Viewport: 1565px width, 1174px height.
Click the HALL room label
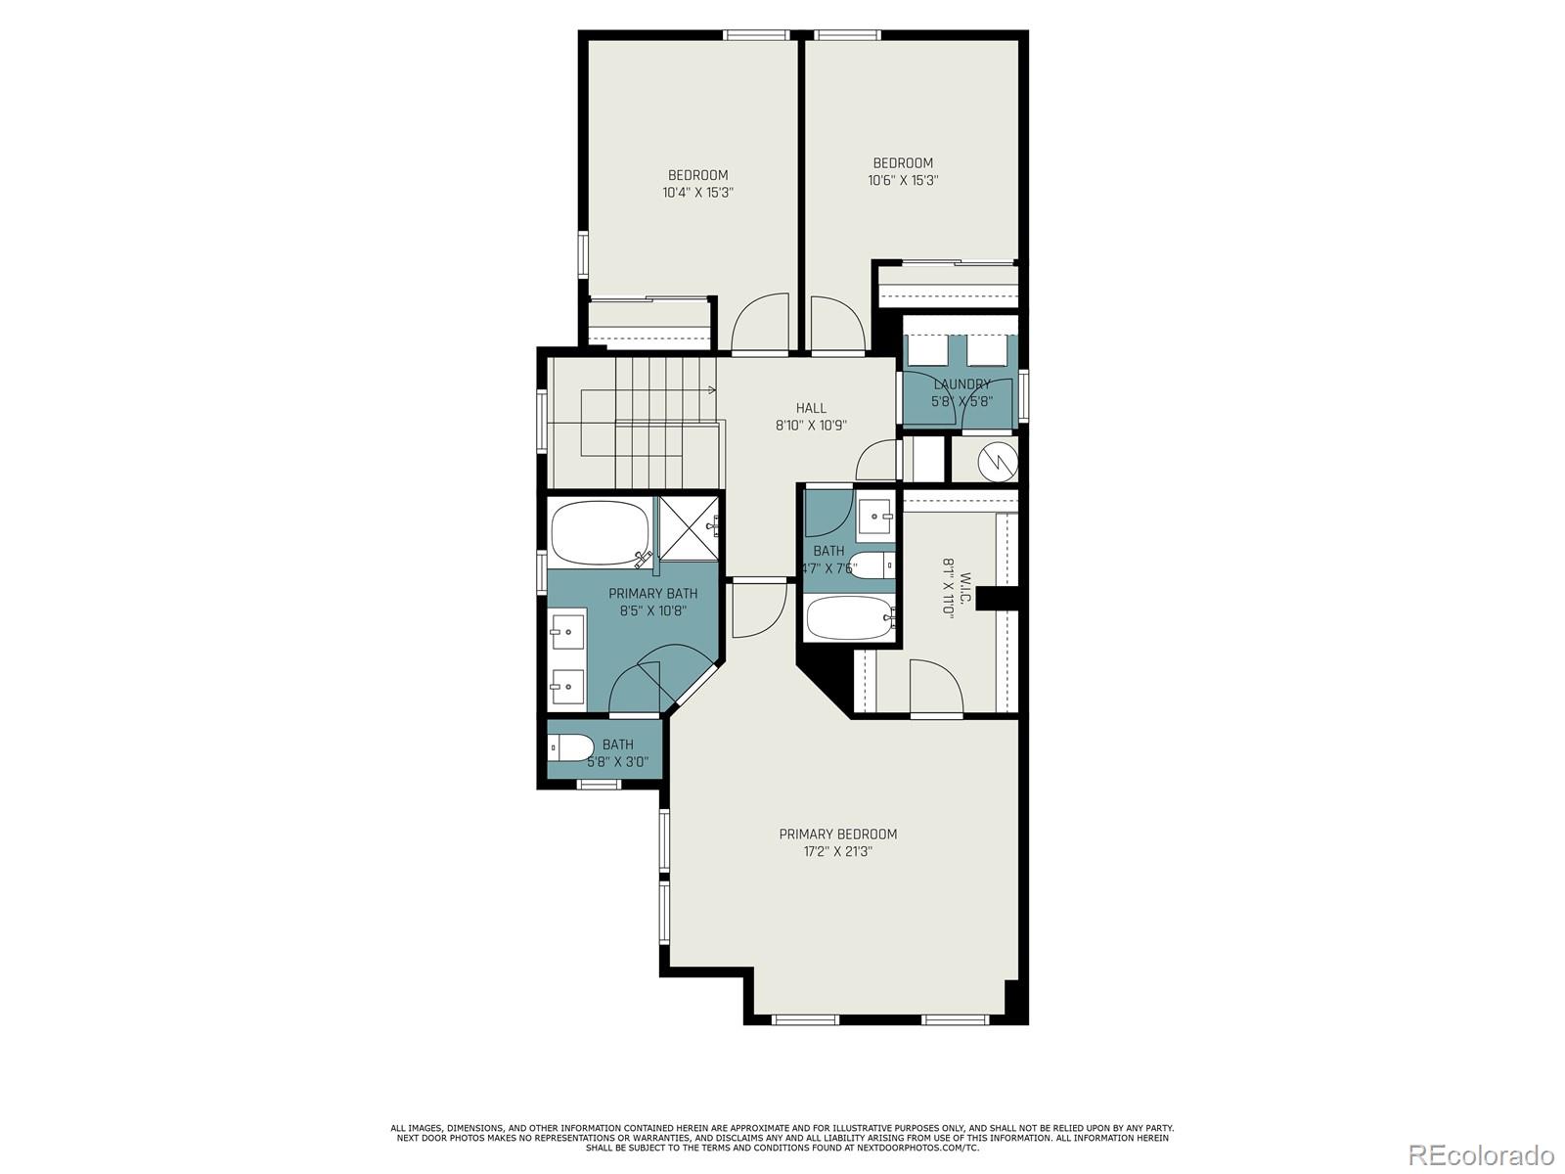tap(810, 408)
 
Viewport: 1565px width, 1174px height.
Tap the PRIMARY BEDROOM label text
tap(837, 835)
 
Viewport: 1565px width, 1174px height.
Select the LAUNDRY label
tap(961, 384)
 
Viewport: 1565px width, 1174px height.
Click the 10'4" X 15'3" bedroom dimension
tap(697, 193)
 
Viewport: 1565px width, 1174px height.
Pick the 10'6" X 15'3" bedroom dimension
tap(903, 180)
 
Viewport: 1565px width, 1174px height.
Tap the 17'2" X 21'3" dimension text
tap(837, 852)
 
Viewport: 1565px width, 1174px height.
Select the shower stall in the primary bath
tap(689, 528)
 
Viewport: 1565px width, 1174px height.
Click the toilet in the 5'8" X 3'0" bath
tap(571, 748)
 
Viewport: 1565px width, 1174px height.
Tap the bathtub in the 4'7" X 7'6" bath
tap(848, 616)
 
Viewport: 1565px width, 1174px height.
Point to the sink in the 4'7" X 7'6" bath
tap(875, 515)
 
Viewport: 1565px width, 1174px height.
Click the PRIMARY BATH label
tap(652, 593)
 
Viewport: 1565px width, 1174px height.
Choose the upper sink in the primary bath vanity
tap(566, 631)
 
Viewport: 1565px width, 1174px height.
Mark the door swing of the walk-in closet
tap(937, 689)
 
